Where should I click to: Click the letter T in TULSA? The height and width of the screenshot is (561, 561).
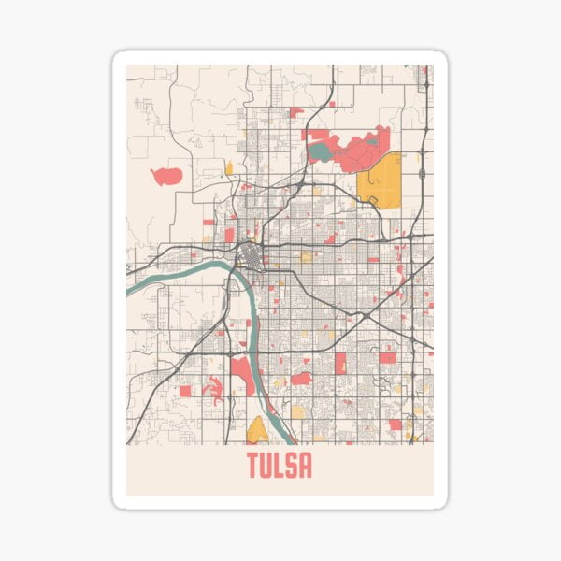tap(253, 465)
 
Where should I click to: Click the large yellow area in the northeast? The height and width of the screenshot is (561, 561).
tap(380, 179)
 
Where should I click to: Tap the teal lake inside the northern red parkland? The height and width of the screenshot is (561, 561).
tap(321, 150)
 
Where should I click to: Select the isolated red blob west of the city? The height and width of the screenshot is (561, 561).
tap(166, 176)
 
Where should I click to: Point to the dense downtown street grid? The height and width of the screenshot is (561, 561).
tap(250, 253)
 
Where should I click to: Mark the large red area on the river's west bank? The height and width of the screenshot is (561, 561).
tap(242, 373)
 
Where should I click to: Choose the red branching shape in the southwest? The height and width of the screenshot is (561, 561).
tap(214, 388)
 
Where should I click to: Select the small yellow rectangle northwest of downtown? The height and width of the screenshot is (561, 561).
tap(228, 168)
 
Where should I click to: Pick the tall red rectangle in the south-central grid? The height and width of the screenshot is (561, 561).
tap(339, 362)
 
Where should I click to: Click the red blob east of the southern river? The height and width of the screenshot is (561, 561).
tap(301, 379)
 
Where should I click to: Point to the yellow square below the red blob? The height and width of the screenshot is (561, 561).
tap(297, 411)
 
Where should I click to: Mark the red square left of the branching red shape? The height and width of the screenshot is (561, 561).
tap(185, 391)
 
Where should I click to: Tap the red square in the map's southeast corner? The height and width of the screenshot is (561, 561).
tap(395, 424)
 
